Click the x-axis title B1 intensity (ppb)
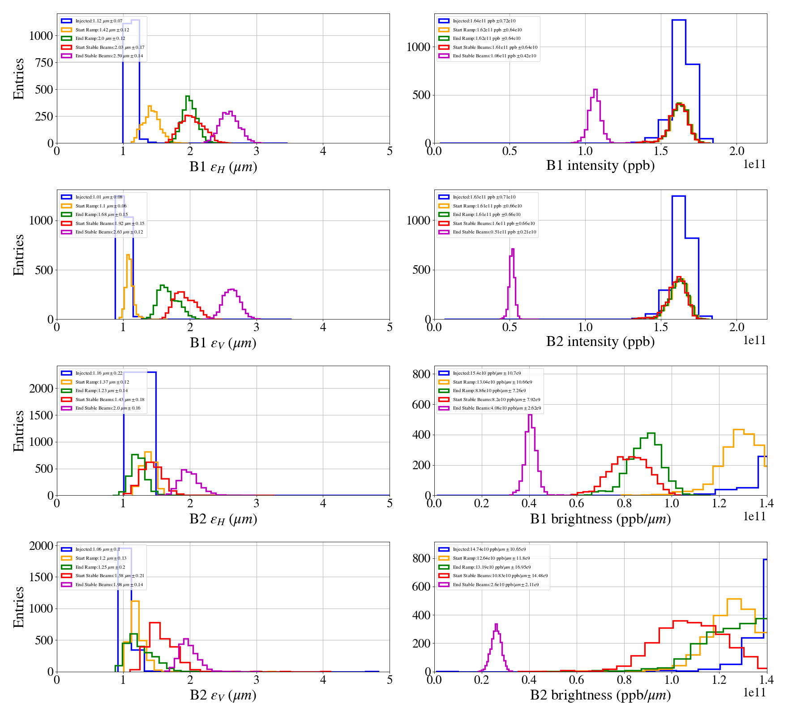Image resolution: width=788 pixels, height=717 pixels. [600, 166]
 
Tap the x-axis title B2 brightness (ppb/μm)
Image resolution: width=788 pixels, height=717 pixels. [600, 695]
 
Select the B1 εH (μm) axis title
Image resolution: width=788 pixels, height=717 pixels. [223, 167]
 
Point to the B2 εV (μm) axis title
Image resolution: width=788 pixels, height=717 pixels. [223, 695]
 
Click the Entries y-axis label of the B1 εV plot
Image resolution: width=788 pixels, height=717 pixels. [18, 255]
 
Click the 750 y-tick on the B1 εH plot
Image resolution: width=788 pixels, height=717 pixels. [44, 63]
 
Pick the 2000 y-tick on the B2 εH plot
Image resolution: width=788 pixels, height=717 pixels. [41, 389]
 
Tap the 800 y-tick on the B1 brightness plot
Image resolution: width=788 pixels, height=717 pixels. [421, 374]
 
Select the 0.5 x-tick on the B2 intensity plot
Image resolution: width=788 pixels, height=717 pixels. [510, 327]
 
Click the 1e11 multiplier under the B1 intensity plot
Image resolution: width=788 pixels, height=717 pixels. [754, 164]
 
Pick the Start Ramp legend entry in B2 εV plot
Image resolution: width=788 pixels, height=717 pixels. [101, 558]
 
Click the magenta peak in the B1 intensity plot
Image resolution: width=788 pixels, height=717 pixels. [595, 90]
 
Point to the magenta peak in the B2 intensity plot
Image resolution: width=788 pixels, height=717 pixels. [513, 249]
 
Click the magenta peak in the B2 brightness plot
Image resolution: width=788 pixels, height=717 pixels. [496, 624]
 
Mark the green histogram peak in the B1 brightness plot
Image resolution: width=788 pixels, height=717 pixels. [651, 433]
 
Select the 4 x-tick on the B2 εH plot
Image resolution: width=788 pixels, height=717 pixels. [323, 503]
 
